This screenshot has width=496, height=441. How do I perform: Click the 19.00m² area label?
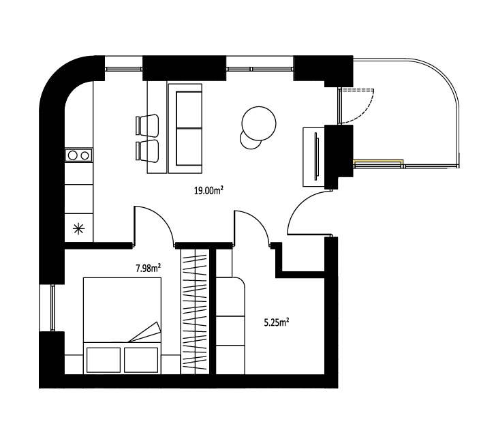pos(208,190)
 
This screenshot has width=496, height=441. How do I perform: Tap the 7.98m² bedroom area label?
pos(149,269)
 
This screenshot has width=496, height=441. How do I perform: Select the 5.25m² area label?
pos(277,322)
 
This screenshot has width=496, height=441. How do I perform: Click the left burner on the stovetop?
pos(73,155)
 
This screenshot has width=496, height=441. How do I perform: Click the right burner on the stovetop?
pos(84,155)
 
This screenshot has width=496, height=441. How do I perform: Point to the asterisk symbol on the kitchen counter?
pos(78,228)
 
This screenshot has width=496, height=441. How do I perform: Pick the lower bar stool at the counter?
pos(147,151)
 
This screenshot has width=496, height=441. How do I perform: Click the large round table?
pos(259,123)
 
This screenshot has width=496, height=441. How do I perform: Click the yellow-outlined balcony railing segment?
pos(378,163)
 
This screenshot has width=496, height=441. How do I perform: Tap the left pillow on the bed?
pos(104,360)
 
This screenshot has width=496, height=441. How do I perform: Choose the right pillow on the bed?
pos(141,360)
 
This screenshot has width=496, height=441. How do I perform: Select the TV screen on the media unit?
pos(316,156)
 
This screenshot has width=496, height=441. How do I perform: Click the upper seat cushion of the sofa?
pos(189,110)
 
